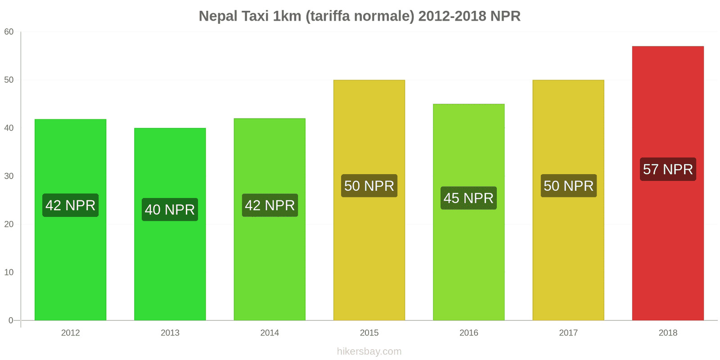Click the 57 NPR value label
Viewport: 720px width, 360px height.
(x=668, y=169)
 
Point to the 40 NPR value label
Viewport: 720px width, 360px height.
(x=170, y=209)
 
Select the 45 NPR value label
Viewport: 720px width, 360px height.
(x=468, y=198)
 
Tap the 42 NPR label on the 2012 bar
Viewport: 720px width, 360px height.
(x=70, y=205)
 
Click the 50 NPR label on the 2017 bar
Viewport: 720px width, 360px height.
(x=568, y=186)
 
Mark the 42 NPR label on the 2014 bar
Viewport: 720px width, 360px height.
(x=270, y=205)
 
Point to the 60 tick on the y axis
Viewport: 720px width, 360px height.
(x=9, y=32)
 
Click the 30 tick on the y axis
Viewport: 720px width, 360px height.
(x=9, y=176)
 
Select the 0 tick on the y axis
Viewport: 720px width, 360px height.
(x=11, y=320)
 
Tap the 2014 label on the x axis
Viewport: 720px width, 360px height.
(x=270, y=333)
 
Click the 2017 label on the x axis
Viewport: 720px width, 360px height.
(x=568, y=333)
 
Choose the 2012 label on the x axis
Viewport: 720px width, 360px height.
(x=70, y=333)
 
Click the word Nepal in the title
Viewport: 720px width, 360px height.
(x=218, y=16)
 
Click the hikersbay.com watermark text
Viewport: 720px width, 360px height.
(x=369, y=351)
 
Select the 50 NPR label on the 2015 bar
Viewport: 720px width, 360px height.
(x=369, y=186)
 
